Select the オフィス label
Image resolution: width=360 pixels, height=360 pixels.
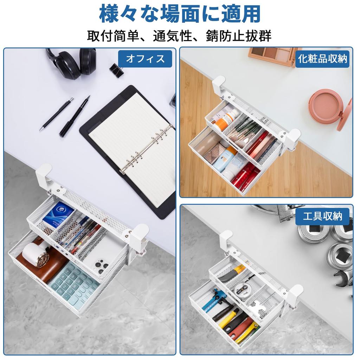click(x=145, y=59)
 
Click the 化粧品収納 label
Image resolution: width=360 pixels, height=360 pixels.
click(x=322, y=59)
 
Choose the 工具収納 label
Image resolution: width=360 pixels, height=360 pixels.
click(x=322, y=216)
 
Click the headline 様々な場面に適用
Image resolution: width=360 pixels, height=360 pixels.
click(x=180, y=14)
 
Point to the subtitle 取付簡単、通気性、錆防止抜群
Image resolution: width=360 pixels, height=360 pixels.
click(x=179, y=36)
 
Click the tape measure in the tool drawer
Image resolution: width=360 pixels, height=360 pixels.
click(x=243, y=289)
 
